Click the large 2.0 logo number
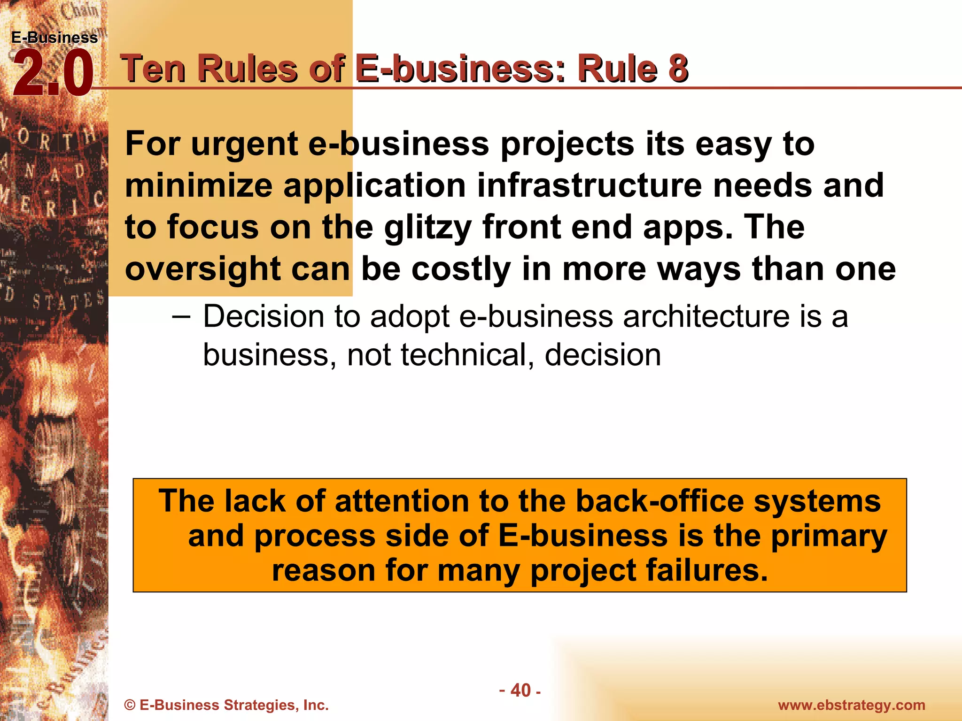tap(53, 74)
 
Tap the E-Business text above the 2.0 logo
tap(54, 38)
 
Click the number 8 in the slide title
tap(678, 69)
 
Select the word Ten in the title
tap(153, 69)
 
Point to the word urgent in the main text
tap(244, 145)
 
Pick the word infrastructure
tap(590, 185)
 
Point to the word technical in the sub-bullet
tap(467, 355)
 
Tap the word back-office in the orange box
tap(660, 501)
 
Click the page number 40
tap(520, 690)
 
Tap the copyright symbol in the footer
tap(130, 705)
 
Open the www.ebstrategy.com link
tap(851, 705)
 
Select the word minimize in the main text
tap(199, 185)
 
